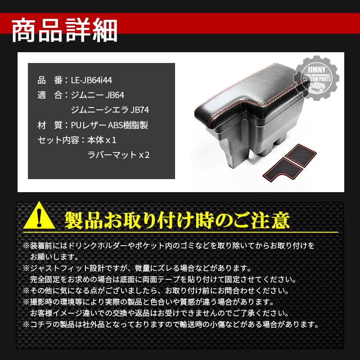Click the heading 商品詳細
[64, 31]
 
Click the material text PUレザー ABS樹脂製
[109, 125]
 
